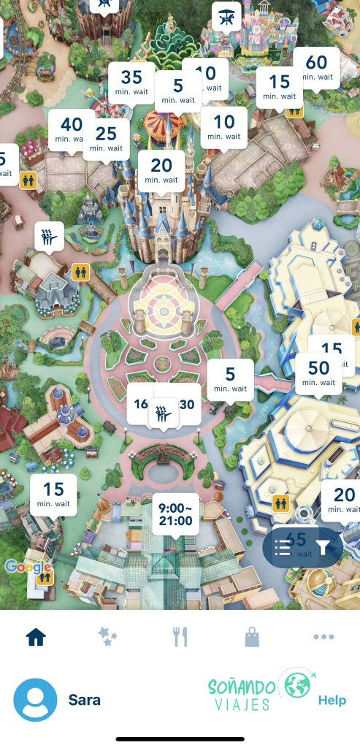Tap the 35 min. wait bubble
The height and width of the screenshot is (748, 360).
(131, 82)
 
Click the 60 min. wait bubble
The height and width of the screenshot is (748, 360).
(316, 67)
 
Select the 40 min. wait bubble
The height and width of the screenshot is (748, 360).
(72, 129)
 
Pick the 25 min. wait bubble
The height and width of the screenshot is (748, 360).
(106, 138)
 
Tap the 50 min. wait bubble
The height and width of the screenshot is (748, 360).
(319, 373)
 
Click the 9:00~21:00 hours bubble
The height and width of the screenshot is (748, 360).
(175, 513)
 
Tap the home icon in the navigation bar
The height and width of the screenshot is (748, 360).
(36, 637)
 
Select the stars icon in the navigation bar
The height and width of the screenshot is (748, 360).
(107, 637)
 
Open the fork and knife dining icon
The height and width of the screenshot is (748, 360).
(180, 637)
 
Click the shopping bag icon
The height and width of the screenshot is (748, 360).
(252, 637)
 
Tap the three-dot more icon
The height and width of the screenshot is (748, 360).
(323, 637)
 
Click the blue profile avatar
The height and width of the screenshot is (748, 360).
(35, 700)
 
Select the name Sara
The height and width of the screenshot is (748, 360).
(85, 701)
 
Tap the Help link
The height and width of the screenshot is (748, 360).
(332, 701)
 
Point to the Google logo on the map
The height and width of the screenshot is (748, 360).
(27, 567)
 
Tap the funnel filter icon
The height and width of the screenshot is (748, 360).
(325, 548)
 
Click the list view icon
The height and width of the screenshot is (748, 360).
(283, 548)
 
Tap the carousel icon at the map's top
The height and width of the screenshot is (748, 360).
(226, 15)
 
